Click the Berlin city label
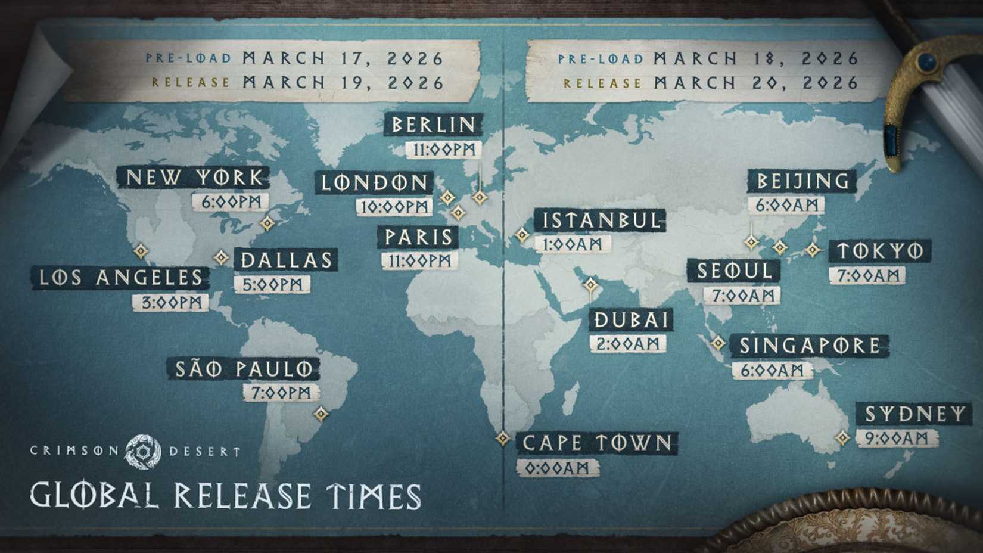click(434, 125)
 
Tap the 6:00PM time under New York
click(231, 202)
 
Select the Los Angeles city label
click(121, 278)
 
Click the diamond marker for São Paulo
click(321, 413)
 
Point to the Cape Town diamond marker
click(502, 439)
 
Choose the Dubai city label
click(632, 320)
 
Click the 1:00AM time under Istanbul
click(573, 244)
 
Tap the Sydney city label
click(915, 414)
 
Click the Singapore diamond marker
click(718, 343)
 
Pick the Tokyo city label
click(880, 251)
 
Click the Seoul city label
click(734, 271)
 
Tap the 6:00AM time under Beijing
click(786, 206)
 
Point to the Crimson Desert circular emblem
click(143, 451)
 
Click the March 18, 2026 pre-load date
click(756, 58)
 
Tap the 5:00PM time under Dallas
click(272, 284)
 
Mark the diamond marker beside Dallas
click(222, 257)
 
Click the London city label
click(375, 182)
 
